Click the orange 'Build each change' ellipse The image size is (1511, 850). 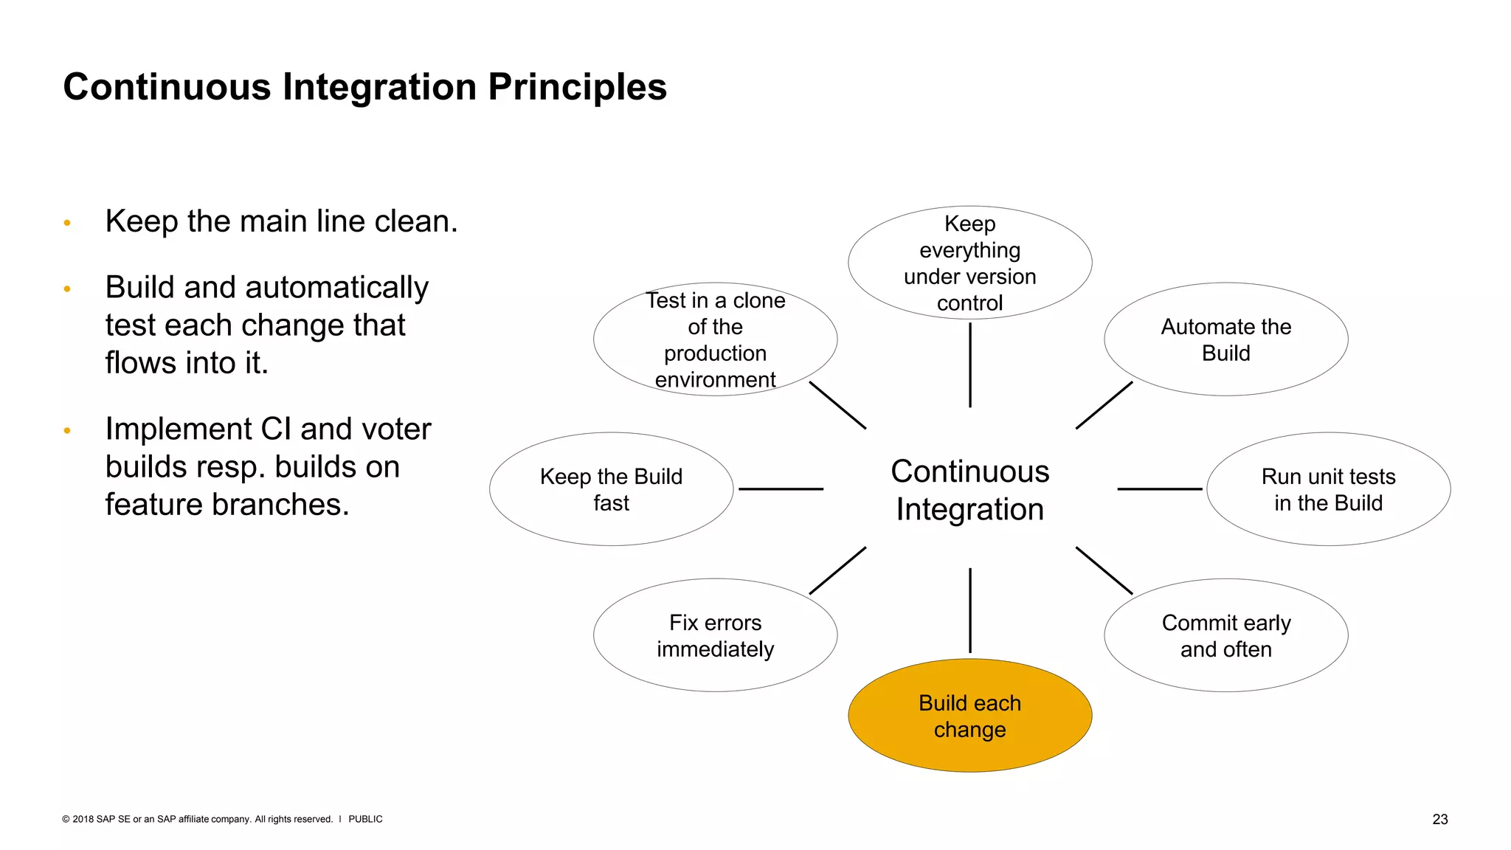pyautogui.click(x=969, y=715)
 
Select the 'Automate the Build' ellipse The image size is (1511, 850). pyautogui.click(x=1225, y=339)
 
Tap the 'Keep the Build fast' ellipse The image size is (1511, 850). pyautogui.click(x=611, y=489)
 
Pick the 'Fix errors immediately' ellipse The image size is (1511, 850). pyautogui.click(x=715, y=635)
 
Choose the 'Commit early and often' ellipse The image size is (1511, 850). pyautogui.click(x=1225, y=635)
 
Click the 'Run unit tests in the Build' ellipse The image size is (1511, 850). pyautogui.click(x=1328, y=489)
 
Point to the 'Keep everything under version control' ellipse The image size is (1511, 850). pyautogui.click(x=969, y=263)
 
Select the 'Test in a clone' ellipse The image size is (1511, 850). pyautogui.click(x=715, y=339)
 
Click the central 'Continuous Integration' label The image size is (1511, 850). pyautogui.click(x=969, y=490)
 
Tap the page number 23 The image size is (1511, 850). pyautogui.click(x=1439, y=819)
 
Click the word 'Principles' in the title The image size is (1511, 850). pyautogui.click(x=577, y=87)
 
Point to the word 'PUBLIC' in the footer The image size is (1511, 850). pyautogui.click(x=365, y=819)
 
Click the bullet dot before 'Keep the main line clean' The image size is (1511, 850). pyautogui.click(x=67, y=223)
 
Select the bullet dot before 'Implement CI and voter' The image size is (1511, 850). pyautogui.click(x=67, y=430)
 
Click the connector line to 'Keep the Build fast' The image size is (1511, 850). pyautogui.click(x=781, y=488)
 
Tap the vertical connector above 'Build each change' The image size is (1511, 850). pyautogui.click(x=969, y=610)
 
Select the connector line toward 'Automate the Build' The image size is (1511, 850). pyautogui.click(x=1104, y=405)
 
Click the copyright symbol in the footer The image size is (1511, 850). pyautogui.click(x=66, y=819)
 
